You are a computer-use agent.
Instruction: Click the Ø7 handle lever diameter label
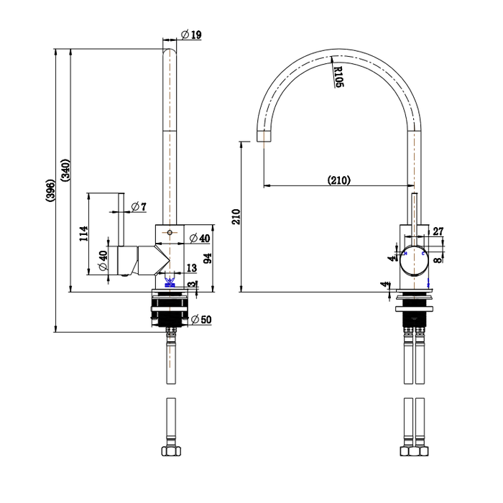(139, 207)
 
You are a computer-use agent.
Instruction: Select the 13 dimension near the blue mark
(191, 269)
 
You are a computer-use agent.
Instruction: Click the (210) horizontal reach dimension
(338, 180)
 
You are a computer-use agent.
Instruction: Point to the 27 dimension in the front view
(438, 231)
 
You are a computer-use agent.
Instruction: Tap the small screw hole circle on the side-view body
(169, 233)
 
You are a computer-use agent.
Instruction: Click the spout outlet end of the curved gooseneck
(264, 137)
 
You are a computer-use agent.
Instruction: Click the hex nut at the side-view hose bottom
(170, 453)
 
